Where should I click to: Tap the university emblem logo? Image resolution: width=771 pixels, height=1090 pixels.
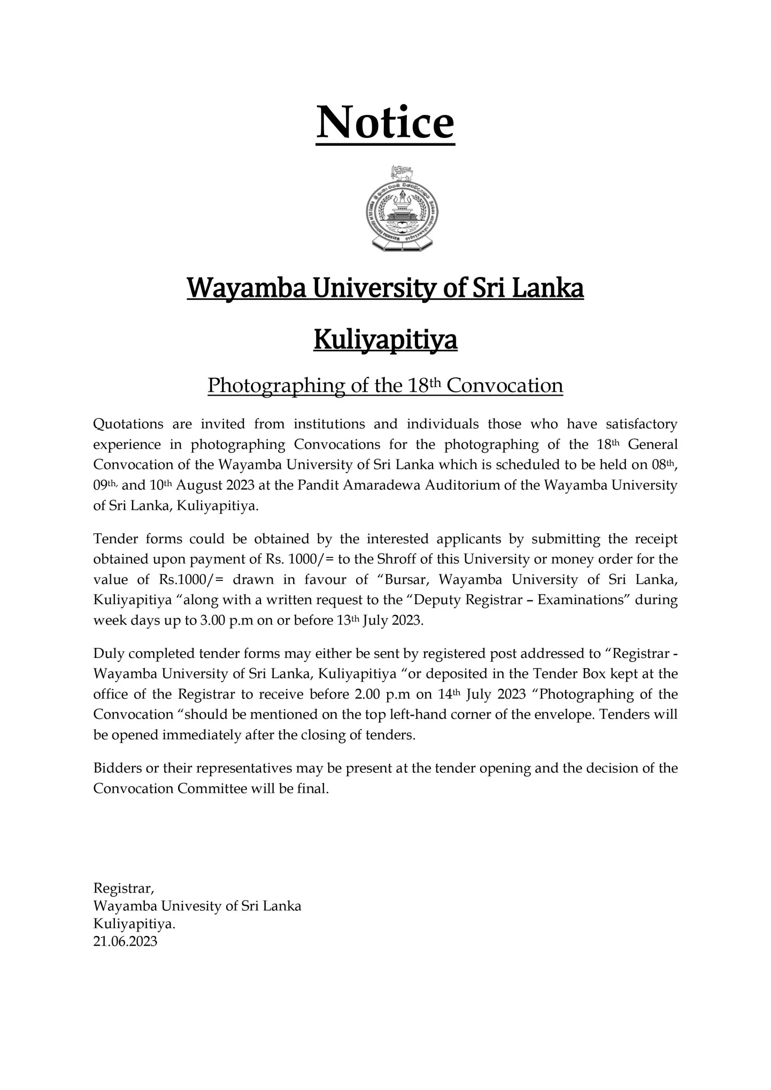click(402, 209)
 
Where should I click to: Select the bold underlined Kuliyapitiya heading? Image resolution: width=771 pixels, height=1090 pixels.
click(385, 340)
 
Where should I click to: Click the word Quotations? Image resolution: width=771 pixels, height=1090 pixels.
click(128, 424)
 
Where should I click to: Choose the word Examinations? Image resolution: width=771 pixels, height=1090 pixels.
click(581, 599)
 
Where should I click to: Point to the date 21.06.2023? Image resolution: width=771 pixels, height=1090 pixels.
click(125, 941)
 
